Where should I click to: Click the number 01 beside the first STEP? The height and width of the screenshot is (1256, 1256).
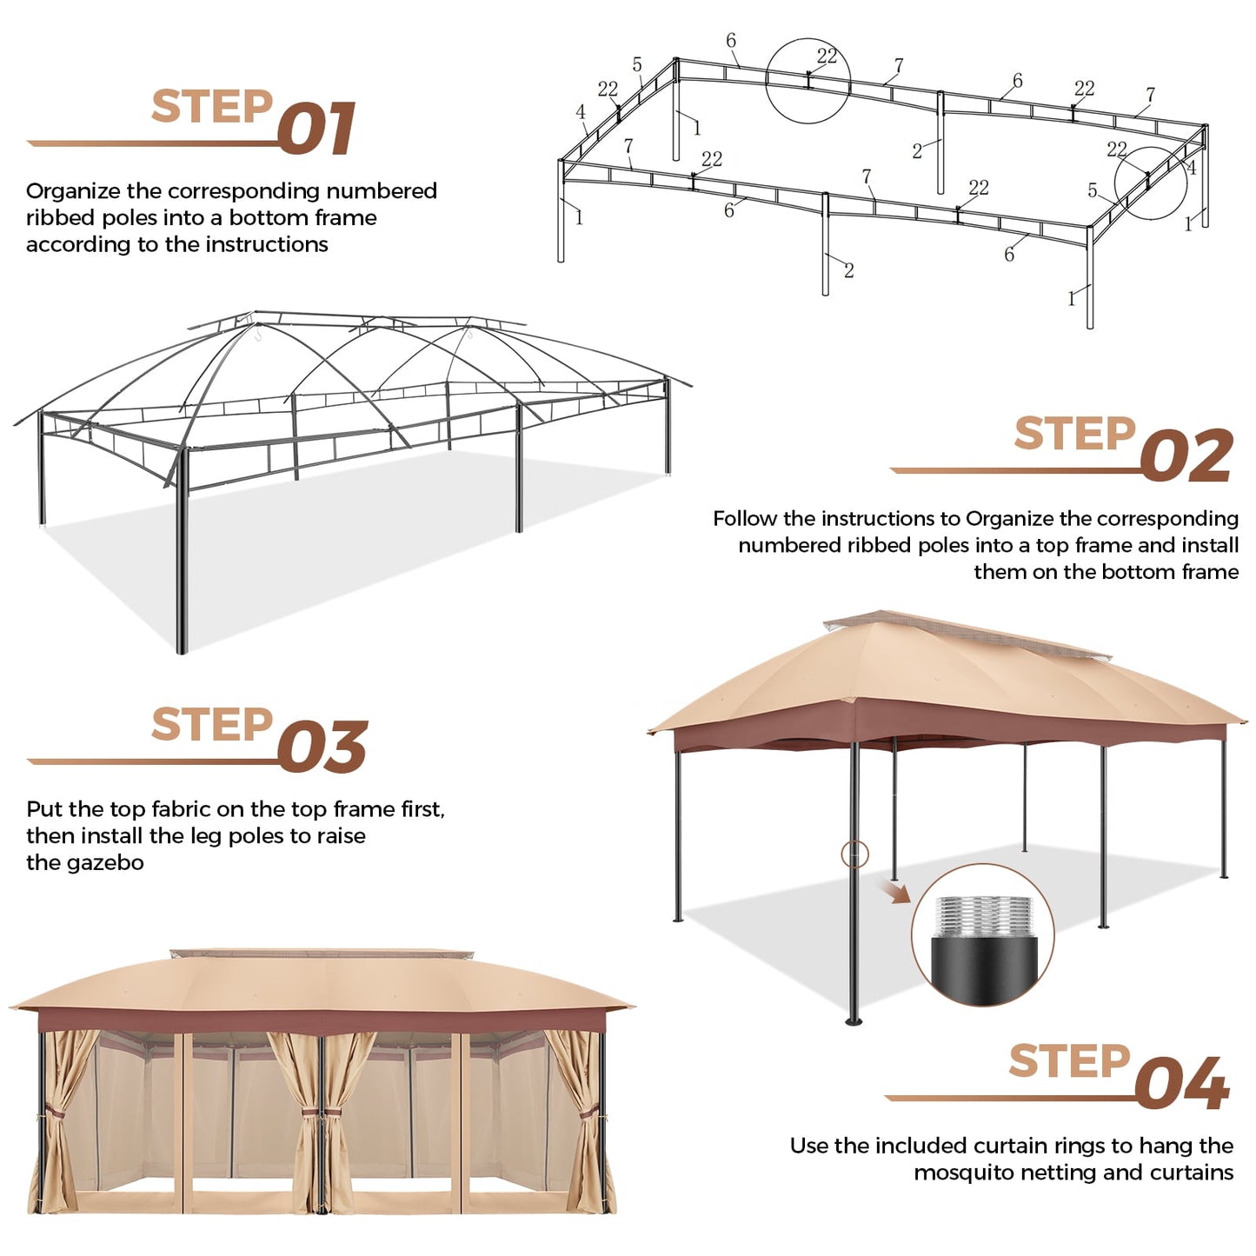click(317, 129)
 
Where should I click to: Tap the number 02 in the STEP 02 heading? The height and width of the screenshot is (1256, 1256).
click(1186, 455)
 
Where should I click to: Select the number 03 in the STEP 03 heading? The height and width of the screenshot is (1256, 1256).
click(322, 747)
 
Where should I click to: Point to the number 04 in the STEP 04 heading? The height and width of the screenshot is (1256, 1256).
click(1181, 1083)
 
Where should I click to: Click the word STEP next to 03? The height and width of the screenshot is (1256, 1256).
click(211, 725)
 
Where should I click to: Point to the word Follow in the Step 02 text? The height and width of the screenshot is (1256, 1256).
click(745, 519)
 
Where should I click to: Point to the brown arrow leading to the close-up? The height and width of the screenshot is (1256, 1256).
click(894, 890)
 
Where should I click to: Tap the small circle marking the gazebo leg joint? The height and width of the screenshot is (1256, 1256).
click(854, 854)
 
